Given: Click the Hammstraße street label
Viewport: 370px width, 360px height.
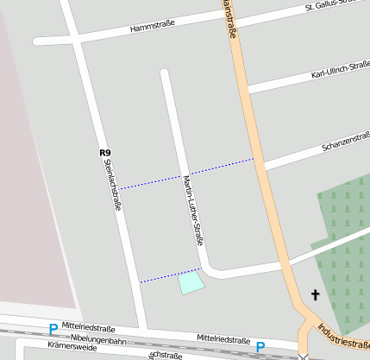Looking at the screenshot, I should (152, 28).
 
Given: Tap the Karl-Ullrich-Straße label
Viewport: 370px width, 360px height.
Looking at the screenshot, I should (340, 72).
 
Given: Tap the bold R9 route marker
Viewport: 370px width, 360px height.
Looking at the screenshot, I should (105, 153).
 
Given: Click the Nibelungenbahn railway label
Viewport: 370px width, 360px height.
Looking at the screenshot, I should (98, 339).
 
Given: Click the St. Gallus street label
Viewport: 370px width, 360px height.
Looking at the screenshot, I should (336, 6).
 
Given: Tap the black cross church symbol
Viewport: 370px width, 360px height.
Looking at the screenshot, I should (315, 295).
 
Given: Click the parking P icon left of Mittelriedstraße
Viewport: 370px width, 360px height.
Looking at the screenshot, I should (53, 329).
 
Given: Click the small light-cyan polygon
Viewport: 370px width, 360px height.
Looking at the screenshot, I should (191, 282).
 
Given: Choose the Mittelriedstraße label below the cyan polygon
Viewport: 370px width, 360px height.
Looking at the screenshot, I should (223, 338).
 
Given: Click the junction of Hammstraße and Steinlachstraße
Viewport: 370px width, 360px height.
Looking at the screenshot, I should (76, 40).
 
